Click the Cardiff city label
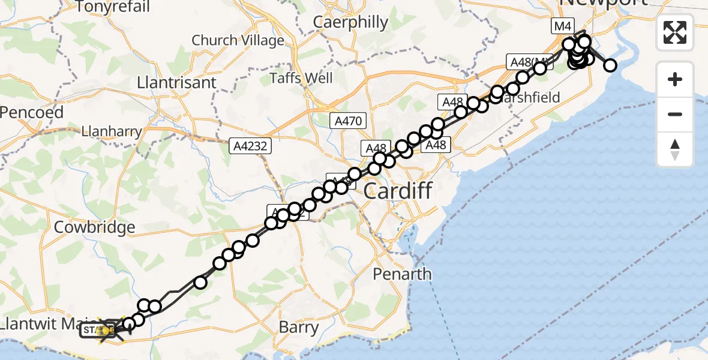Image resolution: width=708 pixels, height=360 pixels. click(398, 192)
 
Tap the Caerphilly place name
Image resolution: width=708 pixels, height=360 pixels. click(351, 22)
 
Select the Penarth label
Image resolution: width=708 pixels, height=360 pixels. click(402, 274)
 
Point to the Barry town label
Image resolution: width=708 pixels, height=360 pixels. click(299, 328)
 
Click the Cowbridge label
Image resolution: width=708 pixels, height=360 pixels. click(94, 228)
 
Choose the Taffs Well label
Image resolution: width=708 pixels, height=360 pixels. click(301, 78)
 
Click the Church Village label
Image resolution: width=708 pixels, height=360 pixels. click(238, 41)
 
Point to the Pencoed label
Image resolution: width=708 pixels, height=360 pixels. click(31, 112)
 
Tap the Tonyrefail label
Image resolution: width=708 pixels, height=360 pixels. click(113, 7)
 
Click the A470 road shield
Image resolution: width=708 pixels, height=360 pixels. click(348, 121)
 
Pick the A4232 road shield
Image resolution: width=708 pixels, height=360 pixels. click(251, 145)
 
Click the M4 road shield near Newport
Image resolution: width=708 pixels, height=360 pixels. click(563, 26)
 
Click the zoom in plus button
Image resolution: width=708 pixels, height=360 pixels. click(675, 80)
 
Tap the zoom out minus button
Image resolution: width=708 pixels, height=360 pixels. click(675, 115)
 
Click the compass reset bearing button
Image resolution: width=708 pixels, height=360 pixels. click(675, 149)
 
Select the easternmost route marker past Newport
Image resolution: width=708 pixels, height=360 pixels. click(610, 65)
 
